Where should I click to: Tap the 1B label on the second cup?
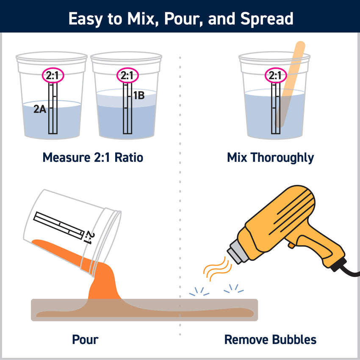point(139,96)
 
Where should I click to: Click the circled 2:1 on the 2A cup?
point(52,76)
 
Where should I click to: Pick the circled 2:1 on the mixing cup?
point(275,76)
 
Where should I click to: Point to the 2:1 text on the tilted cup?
point(89,237)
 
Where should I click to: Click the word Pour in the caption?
point(85,340)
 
